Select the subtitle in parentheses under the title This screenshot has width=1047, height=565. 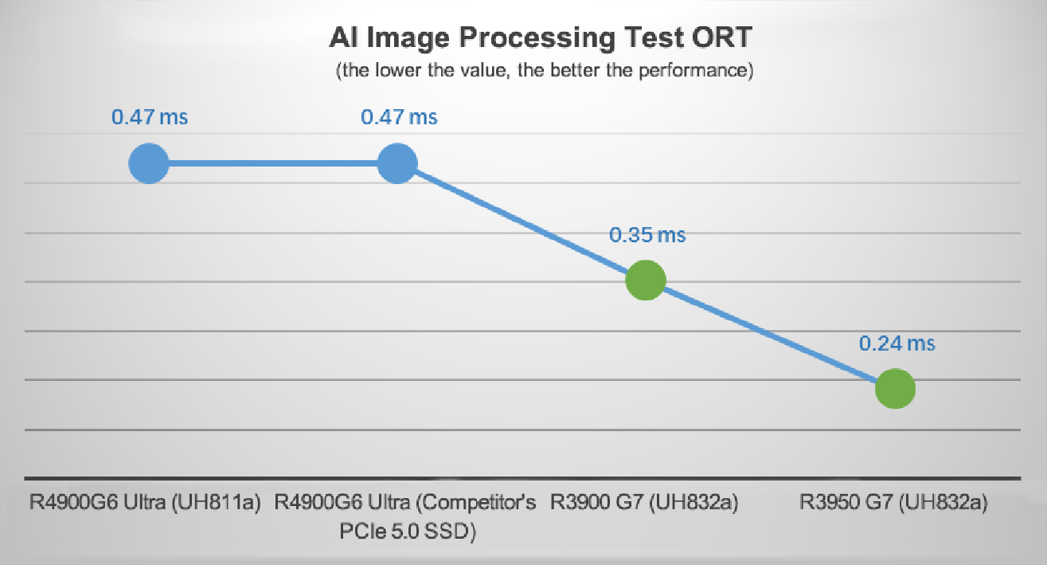click(x=544, y=71)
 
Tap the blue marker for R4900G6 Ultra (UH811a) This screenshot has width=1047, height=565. click(x=149, y=163)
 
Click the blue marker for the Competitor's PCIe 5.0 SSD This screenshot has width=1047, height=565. click(x=397, y=163)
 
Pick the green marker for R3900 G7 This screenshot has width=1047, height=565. click(x=646, y=281)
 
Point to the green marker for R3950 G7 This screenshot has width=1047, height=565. click(x=895, y=389)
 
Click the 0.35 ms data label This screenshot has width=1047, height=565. click(x=647, y=235)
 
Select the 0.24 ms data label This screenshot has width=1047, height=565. click(x=896, y=343)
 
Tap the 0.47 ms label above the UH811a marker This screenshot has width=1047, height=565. click(x=150, y=117)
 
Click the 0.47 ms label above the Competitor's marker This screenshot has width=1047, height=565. click(x=399, y=117)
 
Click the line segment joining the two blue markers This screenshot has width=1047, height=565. click(x=272, y=163)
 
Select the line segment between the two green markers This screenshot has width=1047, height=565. click(x=770, y=335)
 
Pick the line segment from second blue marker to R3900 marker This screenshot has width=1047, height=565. click(x=521, y=222)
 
